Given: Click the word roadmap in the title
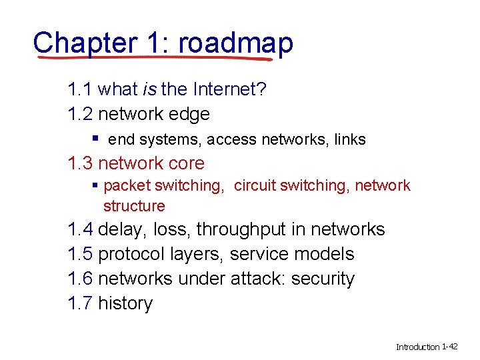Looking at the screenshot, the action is coord(235,43).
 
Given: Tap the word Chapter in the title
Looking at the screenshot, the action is coord(85,43).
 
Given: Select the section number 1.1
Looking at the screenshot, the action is coord(80,90).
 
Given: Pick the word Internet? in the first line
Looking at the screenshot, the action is coord(228,90).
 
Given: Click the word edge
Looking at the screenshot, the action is coord(191,115).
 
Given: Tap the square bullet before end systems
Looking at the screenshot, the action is coord(96,139).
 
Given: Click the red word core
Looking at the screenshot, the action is coord(187,163).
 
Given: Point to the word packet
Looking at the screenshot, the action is coord(129,186).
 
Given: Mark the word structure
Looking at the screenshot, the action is coord(133,206).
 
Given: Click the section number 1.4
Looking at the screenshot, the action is coord(80,230).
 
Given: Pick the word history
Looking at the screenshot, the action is coord(125,303).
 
